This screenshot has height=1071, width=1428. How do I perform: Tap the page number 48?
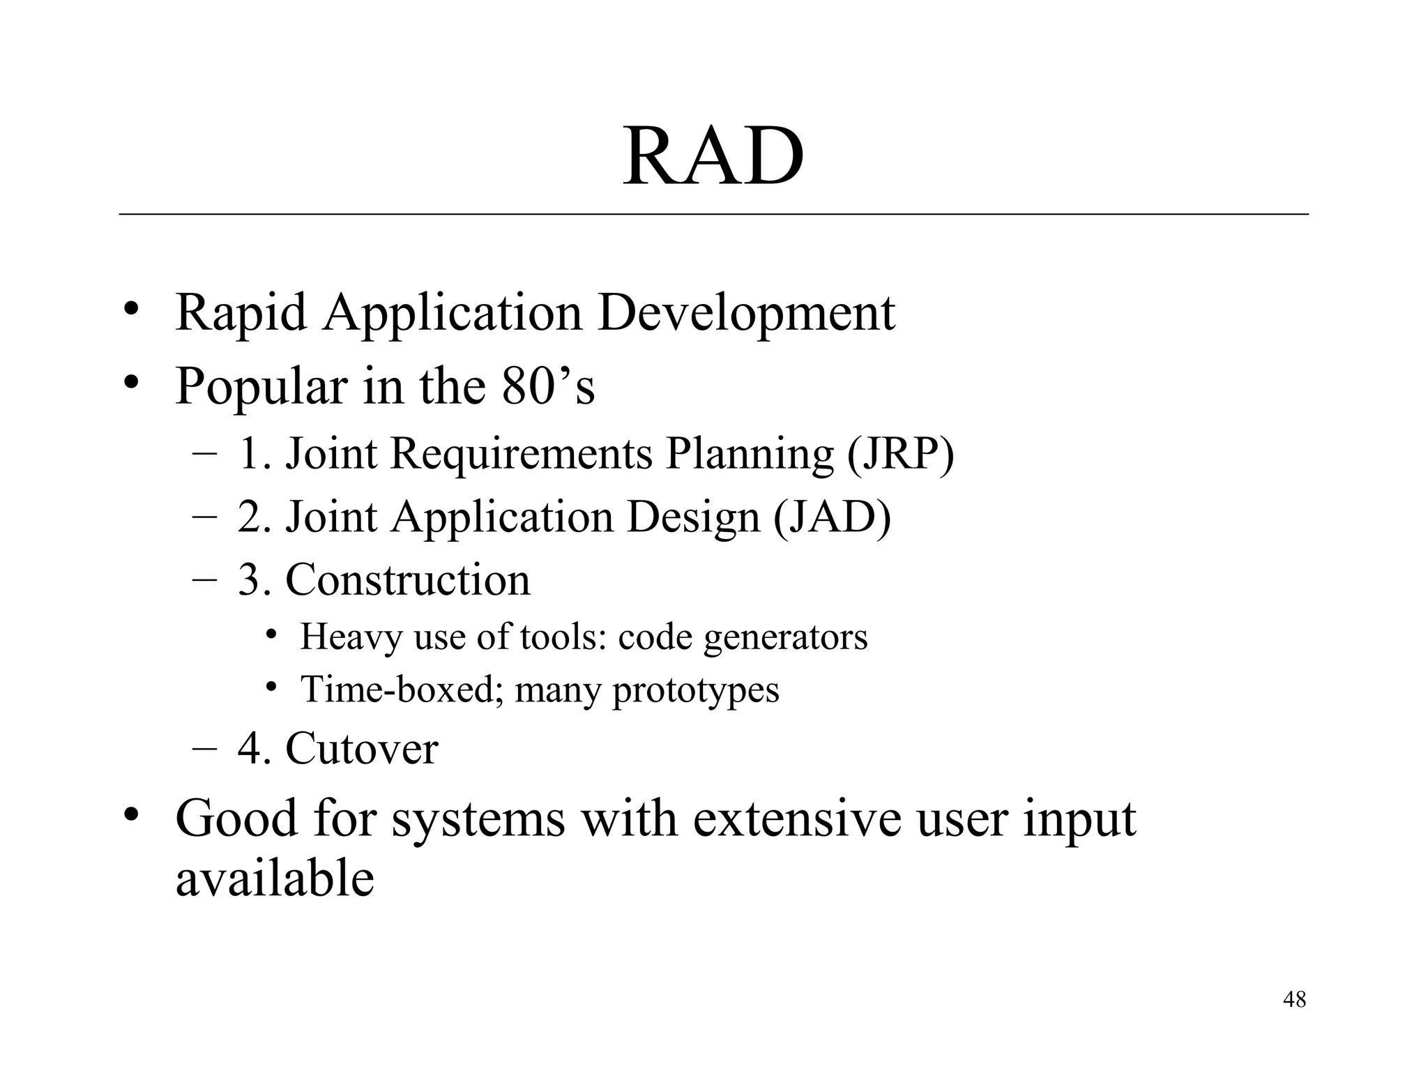click(x=1294, y=999)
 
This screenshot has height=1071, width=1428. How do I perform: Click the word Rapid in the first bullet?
click(x=241, y=313)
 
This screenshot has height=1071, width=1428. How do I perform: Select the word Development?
click(x=746, y=313)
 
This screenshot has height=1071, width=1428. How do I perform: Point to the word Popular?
click(x=261, y=386)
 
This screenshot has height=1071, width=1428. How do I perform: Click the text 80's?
click(x=548, y=386)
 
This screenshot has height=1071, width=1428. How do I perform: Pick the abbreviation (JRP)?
click(x=900, y=453)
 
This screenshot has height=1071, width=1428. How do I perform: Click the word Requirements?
click(x=522, y=453)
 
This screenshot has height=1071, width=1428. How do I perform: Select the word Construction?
click(x=408, y=579)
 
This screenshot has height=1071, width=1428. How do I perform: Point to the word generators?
click(x=785, y=637)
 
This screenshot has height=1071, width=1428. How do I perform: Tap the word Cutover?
click(x=361, y=748)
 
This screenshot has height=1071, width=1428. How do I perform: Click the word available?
click(x=275, y=879)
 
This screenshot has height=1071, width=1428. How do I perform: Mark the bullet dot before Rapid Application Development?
click(x=130, y=309)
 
